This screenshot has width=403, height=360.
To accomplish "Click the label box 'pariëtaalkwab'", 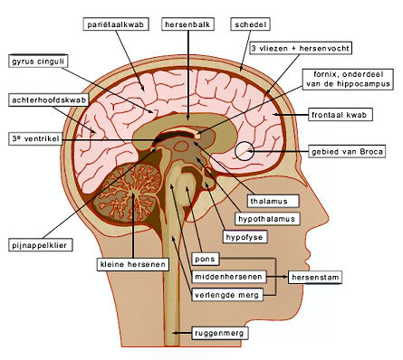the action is click(x=116, y=24).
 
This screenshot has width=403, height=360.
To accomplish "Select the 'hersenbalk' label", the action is click(x=188, y=24).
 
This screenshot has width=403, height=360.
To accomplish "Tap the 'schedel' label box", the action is click(x=250, y=24).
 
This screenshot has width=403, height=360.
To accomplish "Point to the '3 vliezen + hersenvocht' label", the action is click(x=301, y=48).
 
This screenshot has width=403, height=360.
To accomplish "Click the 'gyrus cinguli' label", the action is click(x=38, y=62).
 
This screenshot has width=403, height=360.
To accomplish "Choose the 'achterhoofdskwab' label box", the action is click(x=49, y=100).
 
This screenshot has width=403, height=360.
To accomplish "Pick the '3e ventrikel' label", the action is click(x=35, y=139).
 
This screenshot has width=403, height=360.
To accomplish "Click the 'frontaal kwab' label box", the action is click(x=341, y=115).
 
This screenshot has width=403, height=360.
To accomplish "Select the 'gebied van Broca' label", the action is click(x=347, y=151).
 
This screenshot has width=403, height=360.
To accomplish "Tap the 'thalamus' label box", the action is click(x=273, y=201).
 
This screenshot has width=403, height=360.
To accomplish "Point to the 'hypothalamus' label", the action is click(x=267, y=219).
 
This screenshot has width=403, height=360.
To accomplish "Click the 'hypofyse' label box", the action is click(x=245, y=237).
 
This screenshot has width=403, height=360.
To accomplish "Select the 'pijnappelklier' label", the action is click(x=41, y=245).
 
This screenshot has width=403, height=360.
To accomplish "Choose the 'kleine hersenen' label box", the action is click(x=133, y=264).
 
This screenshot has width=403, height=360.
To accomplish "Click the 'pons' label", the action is click(x=206, y=259).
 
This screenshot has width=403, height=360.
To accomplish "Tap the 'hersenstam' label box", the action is click(x=315, y=277).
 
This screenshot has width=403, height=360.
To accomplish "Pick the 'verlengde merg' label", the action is click(x=227, y=295).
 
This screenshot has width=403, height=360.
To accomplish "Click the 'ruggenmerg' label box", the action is click(x=220, y=333).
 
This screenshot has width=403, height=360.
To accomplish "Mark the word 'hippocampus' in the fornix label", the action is click(x=365, y=84).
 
